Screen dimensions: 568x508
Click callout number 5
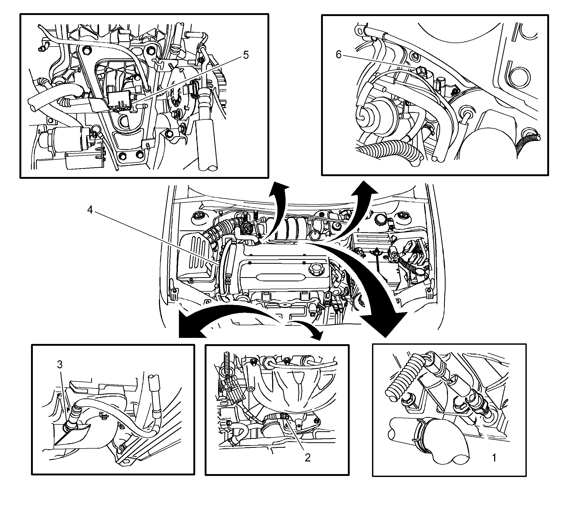(x=245, y=55)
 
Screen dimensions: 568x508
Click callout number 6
(x=338, y=55)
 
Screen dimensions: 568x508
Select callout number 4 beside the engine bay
(x=90, y=210)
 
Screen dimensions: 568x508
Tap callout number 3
(x=60, y=364)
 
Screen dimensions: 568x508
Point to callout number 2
(x=308, y=458)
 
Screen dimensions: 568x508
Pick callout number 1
(x=494, y=458)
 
